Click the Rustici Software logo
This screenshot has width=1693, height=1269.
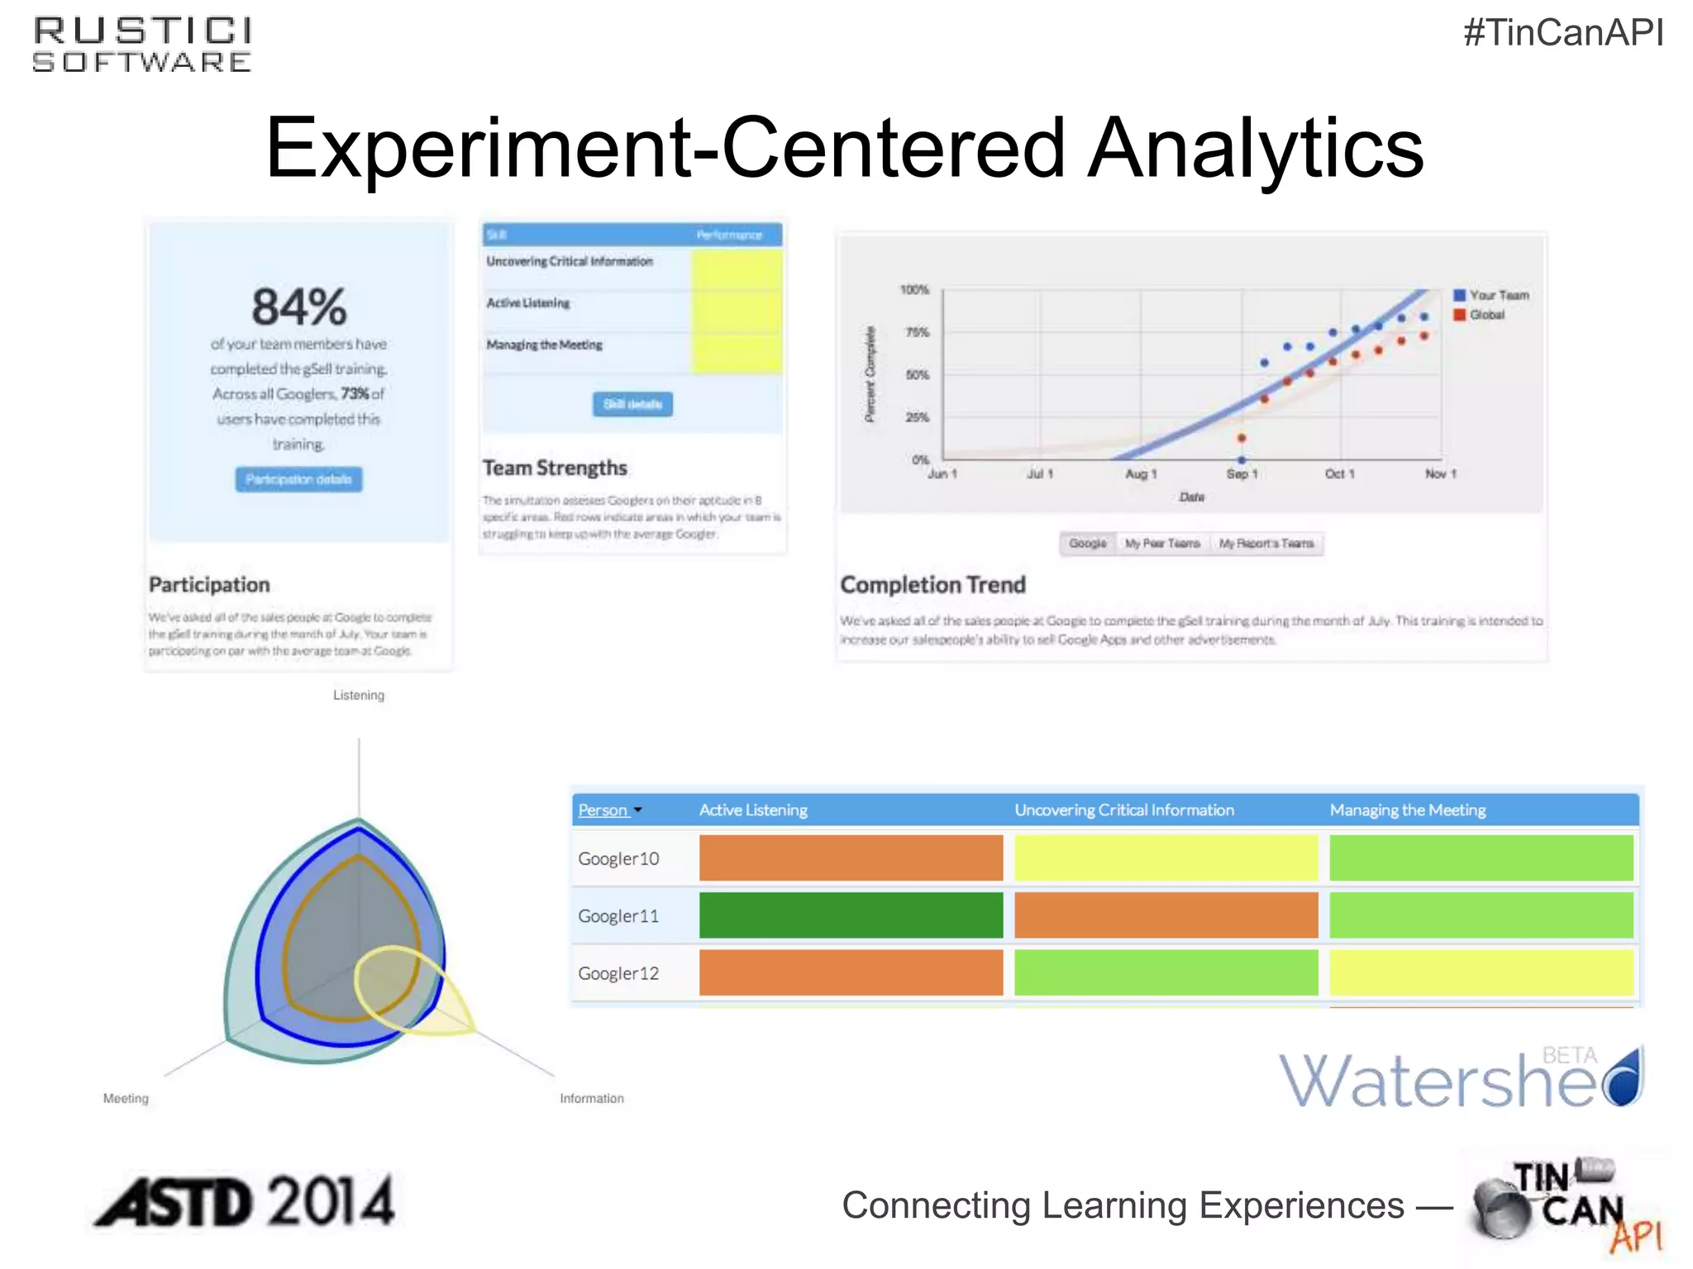142,45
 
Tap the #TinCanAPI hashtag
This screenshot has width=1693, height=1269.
1562,33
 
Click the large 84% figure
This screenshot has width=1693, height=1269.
298,307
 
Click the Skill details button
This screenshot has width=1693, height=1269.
632,404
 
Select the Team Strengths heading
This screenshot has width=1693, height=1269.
555,468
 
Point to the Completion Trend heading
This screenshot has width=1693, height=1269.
932,584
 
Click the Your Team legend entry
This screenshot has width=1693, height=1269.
1491,295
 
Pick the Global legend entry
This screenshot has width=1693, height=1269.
1480,315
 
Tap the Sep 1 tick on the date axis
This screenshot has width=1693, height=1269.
1242,473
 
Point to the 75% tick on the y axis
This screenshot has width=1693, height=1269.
918,332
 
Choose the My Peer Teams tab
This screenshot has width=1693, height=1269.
1161,543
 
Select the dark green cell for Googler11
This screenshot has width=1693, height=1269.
851,915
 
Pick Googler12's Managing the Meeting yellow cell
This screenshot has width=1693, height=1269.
1481,972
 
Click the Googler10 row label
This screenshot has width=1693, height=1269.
618,858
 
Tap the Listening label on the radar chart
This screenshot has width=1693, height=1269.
359,695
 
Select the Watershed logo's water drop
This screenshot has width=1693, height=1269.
1625,1078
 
